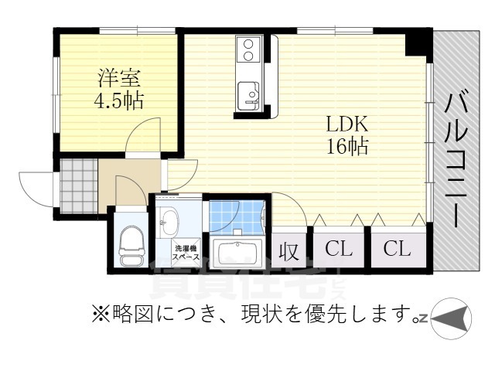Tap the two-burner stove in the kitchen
[249, 49]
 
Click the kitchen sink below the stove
[248, 92]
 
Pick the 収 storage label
[289, 250]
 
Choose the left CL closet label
[339, 249]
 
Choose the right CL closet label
[397, 249]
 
